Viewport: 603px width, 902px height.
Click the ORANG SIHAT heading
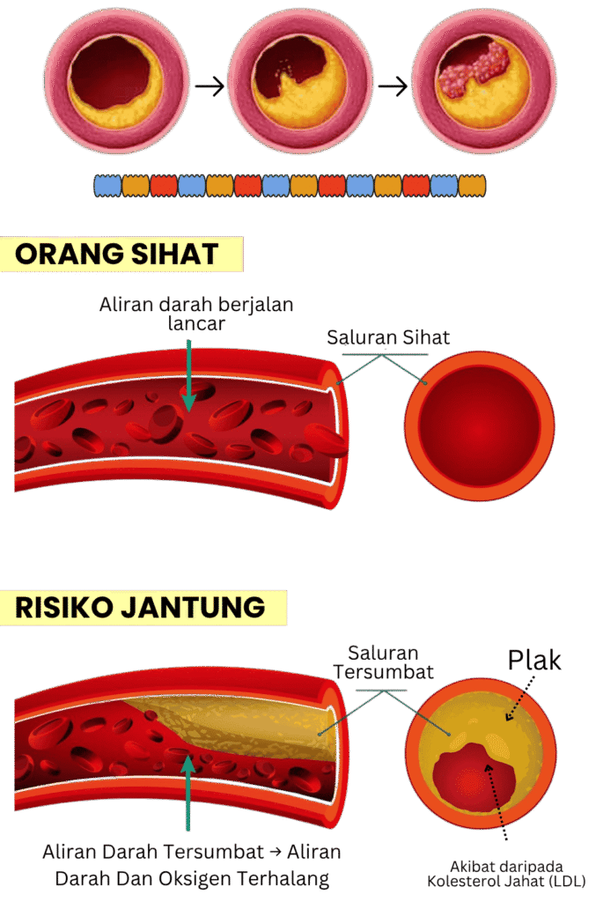pos(117,254)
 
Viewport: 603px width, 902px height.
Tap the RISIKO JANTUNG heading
pos(140,606)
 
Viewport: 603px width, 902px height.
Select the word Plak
pos(535,661)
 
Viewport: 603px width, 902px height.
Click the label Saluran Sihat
pos(388,337)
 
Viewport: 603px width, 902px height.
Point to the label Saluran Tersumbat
pos(384,662)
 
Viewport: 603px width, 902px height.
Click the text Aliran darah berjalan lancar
pos(196,314)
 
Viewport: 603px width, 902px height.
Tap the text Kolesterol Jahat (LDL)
pos(508,881)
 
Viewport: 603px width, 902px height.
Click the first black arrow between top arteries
pos(210,86)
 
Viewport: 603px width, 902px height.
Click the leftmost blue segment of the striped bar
pos(107,186)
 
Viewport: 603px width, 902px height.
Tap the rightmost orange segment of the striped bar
pos(472,186)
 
